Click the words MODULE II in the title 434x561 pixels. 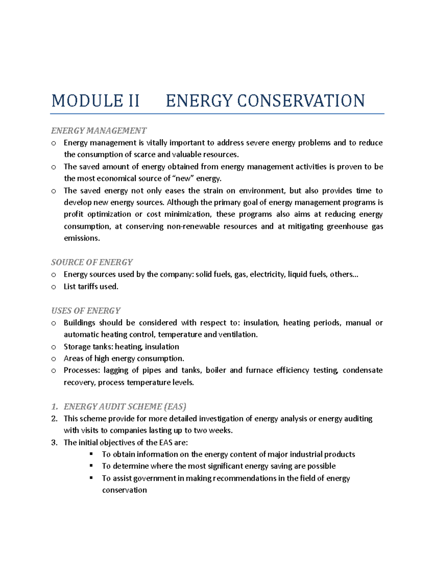point(95,101)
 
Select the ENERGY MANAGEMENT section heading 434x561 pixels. point(99,130)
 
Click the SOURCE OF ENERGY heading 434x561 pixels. point(92,262)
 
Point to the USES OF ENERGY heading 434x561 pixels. point(86,311)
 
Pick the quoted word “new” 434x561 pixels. point(183,178)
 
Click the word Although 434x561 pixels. point(182,202)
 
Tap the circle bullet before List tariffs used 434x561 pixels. point(54,287)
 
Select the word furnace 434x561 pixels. point(259,370)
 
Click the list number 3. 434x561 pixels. point(54,443)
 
